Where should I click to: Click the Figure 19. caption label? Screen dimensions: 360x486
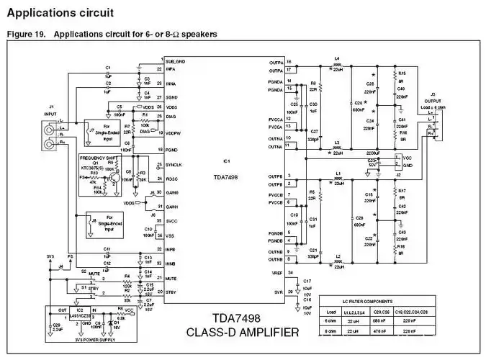click(x=22, y=34)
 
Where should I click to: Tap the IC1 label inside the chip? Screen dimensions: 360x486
click(x=225, y=161)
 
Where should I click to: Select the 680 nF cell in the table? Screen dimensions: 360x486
click(x=376, y=321)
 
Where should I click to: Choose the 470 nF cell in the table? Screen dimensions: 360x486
click(x=376, y=331)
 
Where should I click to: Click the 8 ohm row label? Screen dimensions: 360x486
click(x=330, y=331)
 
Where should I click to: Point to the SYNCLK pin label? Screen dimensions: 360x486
click(x=175, y=165)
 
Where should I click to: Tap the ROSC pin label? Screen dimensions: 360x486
click(x=172, y=179)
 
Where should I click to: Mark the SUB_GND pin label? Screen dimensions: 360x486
click(x=176, y=62)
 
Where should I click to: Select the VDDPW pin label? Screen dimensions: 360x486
click(x=174, y=132)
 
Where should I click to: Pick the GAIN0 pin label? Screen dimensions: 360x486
click(x=173, y=193)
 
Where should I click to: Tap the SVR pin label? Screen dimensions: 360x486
click(x=276, y=292)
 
